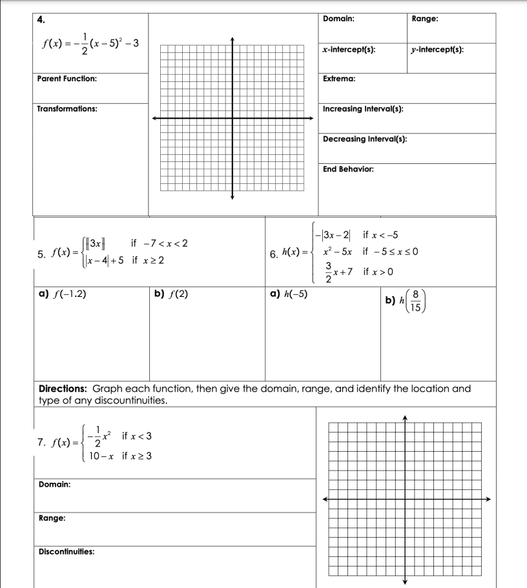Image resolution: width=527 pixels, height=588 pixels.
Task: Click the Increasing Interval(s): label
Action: (363, 109)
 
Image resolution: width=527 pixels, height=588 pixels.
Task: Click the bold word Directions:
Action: (62, 389)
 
